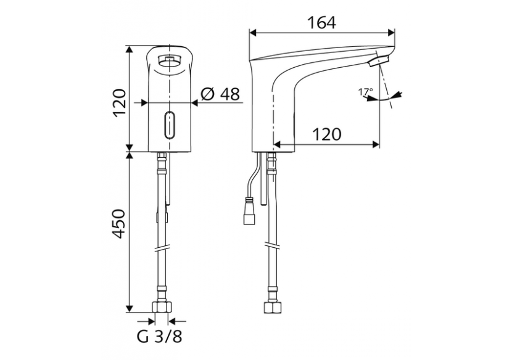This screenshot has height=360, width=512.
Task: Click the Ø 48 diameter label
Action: (220, 94)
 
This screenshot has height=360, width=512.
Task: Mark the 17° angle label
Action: (365, 92)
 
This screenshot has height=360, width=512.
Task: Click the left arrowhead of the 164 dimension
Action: (253, 32)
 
